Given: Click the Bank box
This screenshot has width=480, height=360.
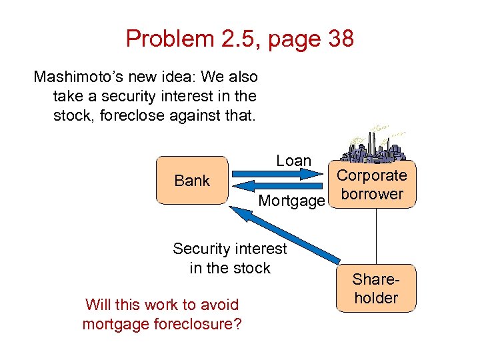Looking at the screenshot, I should [192, 180].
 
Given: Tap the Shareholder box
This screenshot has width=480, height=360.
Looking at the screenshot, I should [376, 289].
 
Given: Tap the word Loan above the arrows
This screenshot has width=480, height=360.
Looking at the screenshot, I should [293, 161].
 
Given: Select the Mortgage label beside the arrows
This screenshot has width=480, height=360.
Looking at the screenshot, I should [291, 200].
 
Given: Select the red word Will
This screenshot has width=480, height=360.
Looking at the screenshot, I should [97, 305].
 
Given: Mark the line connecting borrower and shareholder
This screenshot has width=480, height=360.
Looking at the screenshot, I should [377, 237].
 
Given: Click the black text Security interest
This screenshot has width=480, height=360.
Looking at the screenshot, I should [229, 249].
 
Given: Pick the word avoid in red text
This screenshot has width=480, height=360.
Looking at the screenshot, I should [221, 305].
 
